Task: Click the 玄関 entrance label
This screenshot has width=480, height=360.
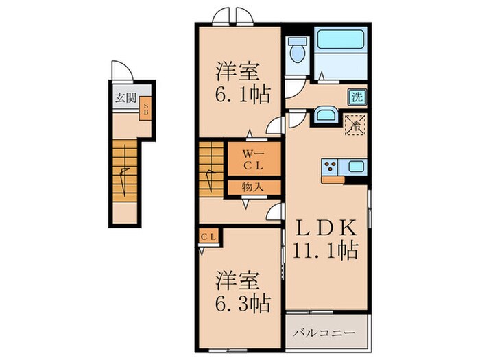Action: [125, 96]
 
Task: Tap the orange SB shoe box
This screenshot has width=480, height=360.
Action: [146, 109]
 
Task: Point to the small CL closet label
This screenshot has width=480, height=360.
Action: [208, 237]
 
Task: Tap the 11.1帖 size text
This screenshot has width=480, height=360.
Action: [326, 251]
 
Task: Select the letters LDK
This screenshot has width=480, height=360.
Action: [325, 228]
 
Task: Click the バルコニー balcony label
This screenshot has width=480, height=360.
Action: [325, 333]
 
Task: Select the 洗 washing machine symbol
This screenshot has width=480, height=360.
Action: [356, 96]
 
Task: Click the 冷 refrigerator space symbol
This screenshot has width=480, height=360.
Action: [355, 124]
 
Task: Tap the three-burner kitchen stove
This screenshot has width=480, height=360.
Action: [330, 166]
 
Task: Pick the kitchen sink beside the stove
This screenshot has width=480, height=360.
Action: [357, 166]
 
